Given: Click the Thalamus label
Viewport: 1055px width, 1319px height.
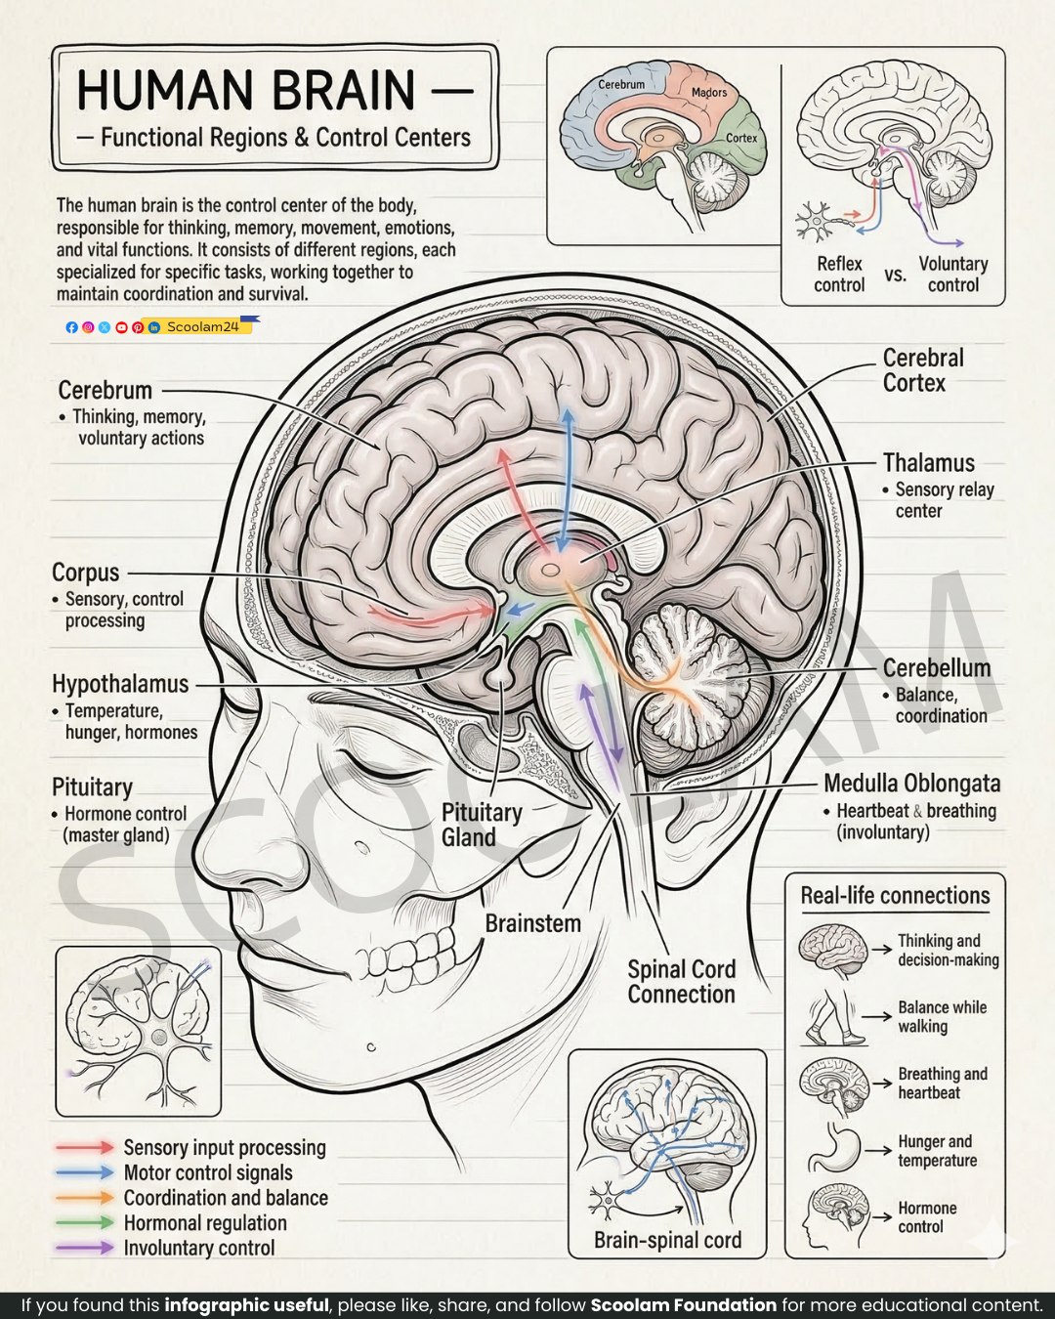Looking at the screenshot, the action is click(928, 463).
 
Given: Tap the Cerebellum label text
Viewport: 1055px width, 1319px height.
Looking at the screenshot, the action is click(936, 668).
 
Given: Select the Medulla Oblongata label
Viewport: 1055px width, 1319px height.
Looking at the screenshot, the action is click(912, 784).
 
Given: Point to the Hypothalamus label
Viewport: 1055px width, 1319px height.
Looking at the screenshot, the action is click(120, 684).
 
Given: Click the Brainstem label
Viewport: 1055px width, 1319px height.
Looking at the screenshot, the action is click(532, 923).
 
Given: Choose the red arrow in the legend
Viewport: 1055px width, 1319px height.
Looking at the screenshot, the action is click(85, 1147).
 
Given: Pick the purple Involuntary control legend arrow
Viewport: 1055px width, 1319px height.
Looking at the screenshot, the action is click(85, 1248).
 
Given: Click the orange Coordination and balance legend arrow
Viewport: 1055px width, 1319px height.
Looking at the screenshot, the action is click(85, 1198).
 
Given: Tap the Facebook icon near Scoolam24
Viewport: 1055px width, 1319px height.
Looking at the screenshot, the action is click(71, 327).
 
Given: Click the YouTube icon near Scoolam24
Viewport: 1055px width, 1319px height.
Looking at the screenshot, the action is click(121, 327).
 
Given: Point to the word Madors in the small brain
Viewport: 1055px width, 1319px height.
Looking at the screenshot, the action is click(709, 93).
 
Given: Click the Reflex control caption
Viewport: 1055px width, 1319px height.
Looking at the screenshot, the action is click(839, 275).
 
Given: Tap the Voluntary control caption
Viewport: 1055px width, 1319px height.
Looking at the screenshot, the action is click(953, 275).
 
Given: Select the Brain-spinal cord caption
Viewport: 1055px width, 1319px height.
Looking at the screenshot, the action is click(667, 1240).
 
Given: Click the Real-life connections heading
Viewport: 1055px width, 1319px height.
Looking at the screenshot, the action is click(895, 896).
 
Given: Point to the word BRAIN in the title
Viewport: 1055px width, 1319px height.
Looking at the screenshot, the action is click(343, 90).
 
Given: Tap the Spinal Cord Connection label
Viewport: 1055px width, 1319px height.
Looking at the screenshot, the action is click(681, 982).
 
